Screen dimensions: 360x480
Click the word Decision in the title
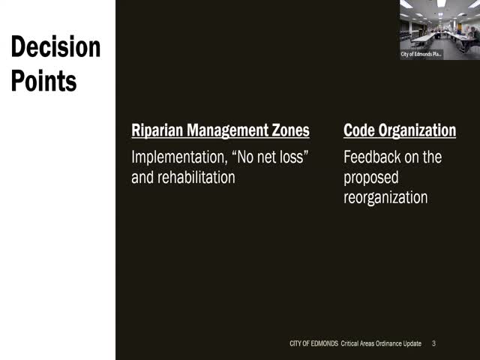pyautogui.click(x=55, y=47)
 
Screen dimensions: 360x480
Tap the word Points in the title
pyautogui.click(x=43, y=79)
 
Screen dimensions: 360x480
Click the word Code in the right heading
pyautogui.click(x=358, y=130)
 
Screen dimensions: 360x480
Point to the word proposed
pyautogui.click(x=371, y=178)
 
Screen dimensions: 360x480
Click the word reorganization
pyautogui.click(x=385, y=197)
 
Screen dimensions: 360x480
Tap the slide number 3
pyautogui.click(x=433, y=343)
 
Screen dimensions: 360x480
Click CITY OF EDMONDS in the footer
pyautogui.click(x=313, y=343)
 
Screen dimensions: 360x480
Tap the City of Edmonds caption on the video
pyautogui.click(x=421, y=54)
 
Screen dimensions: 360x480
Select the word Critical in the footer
pyautogui.click(x=352, y=343)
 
